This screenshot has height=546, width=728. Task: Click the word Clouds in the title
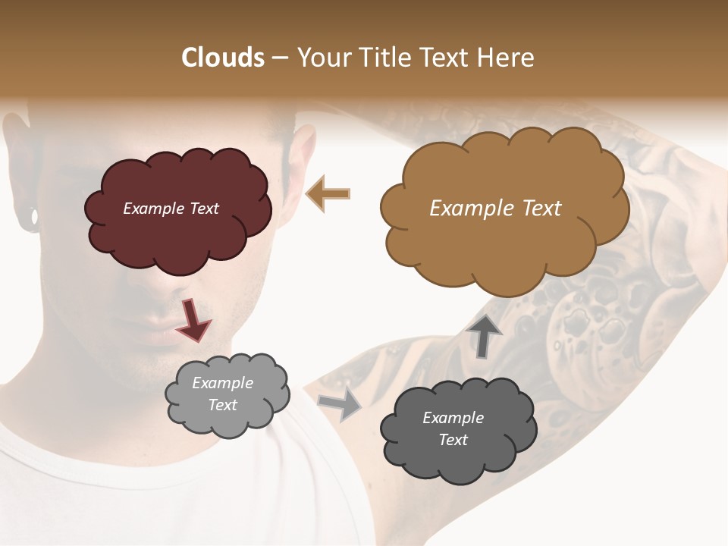point(223,58)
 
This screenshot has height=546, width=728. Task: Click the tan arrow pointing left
point(328,193)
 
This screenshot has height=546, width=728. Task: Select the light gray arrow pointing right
point(340,406)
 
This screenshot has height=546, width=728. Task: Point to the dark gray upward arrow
point(484,335)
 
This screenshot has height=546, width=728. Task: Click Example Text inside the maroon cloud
point(171,209)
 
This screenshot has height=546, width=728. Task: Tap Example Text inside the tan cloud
point(495,209)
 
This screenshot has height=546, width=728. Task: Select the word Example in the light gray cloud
point(222,383)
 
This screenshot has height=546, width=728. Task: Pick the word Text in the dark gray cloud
point(453,440)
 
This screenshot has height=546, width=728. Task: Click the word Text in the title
point(453,58)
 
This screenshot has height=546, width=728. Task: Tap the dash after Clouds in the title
point(279,58)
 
